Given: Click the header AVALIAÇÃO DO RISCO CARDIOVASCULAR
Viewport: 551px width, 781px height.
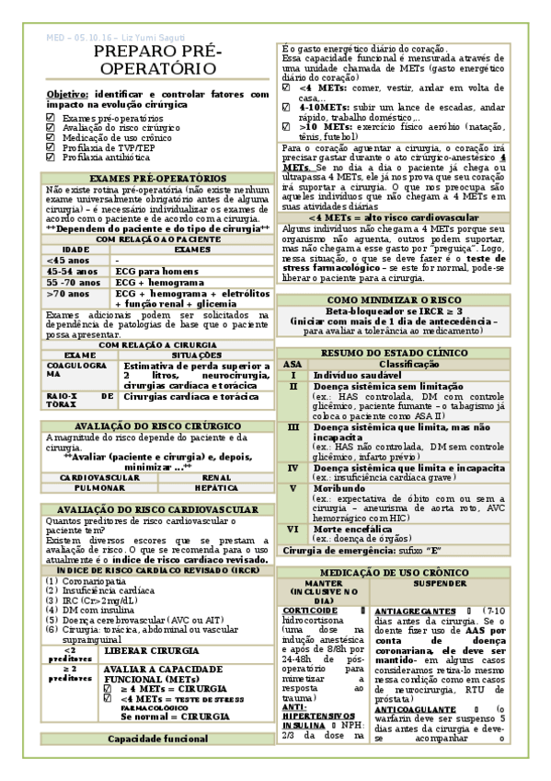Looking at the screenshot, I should tap(158, 509).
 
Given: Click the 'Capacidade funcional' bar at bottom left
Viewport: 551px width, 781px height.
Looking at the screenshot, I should tap(158, 739).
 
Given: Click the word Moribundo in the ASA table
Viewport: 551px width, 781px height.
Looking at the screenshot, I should tap(342, 487).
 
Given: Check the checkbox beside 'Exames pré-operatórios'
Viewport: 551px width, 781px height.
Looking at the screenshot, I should tap(51, 120).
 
